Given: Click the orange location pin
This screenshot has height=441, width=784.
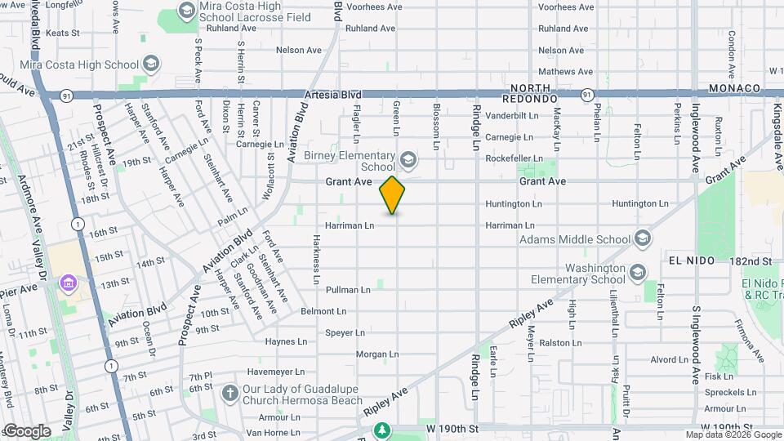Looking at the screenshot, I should [x=393, y=195].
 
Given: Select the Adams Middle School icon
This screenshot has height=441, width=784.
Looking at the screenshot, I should [x=642, y=239].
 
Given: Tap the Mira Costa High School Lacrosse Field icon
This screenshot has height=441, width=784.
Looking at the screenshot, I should [x=186, y=12].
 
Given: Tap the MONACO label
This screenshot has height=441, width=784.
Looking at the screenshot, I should [x=735, y=87].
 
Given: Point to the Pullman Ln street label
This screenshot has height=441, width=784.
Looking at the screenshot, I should [x=349, y=290].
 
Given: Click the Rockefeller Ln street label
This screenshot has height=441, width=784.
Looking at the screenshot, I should [x=514, y=158].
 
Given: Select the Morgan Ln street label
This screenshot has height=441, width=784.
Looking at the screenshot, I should [x=376, y=354].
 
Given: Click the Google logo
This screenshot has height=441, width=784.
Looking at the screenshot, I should [x=27, y=431].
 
